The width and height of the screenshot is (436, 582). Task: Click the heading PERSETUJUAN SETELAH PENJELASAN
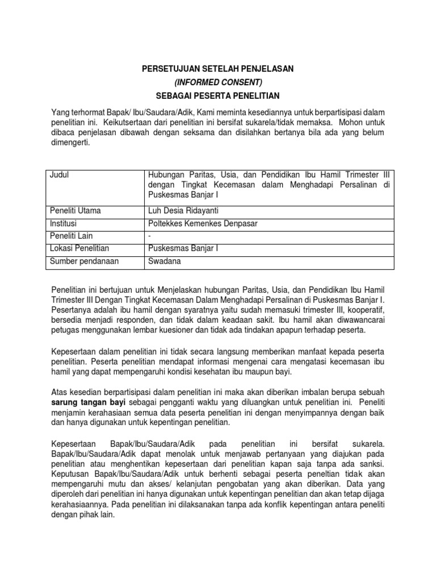(219, 69)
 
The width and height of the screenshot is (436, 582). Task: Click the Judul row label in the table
(60, 175)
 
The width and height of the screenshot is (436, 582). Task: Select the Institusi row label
(64, 224)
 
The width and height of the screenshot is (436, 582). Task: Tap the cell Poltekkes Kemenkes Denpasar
(203, 224)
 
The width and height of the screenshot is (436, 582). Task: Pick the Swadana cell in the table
(163, 261)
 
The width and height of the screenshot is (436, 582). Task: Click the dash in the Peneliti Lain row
(149, 236)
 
